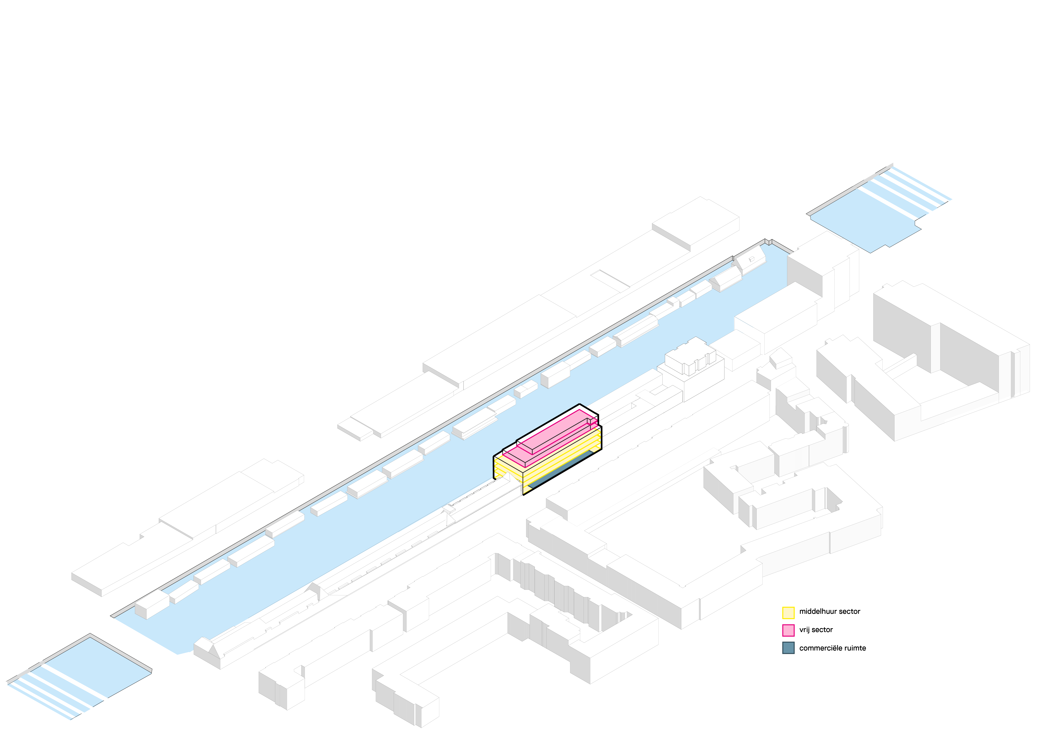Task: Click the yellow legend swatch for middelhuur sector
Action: [788, 613]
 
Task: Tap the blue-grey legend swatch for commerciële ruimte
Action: [788, 648]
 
